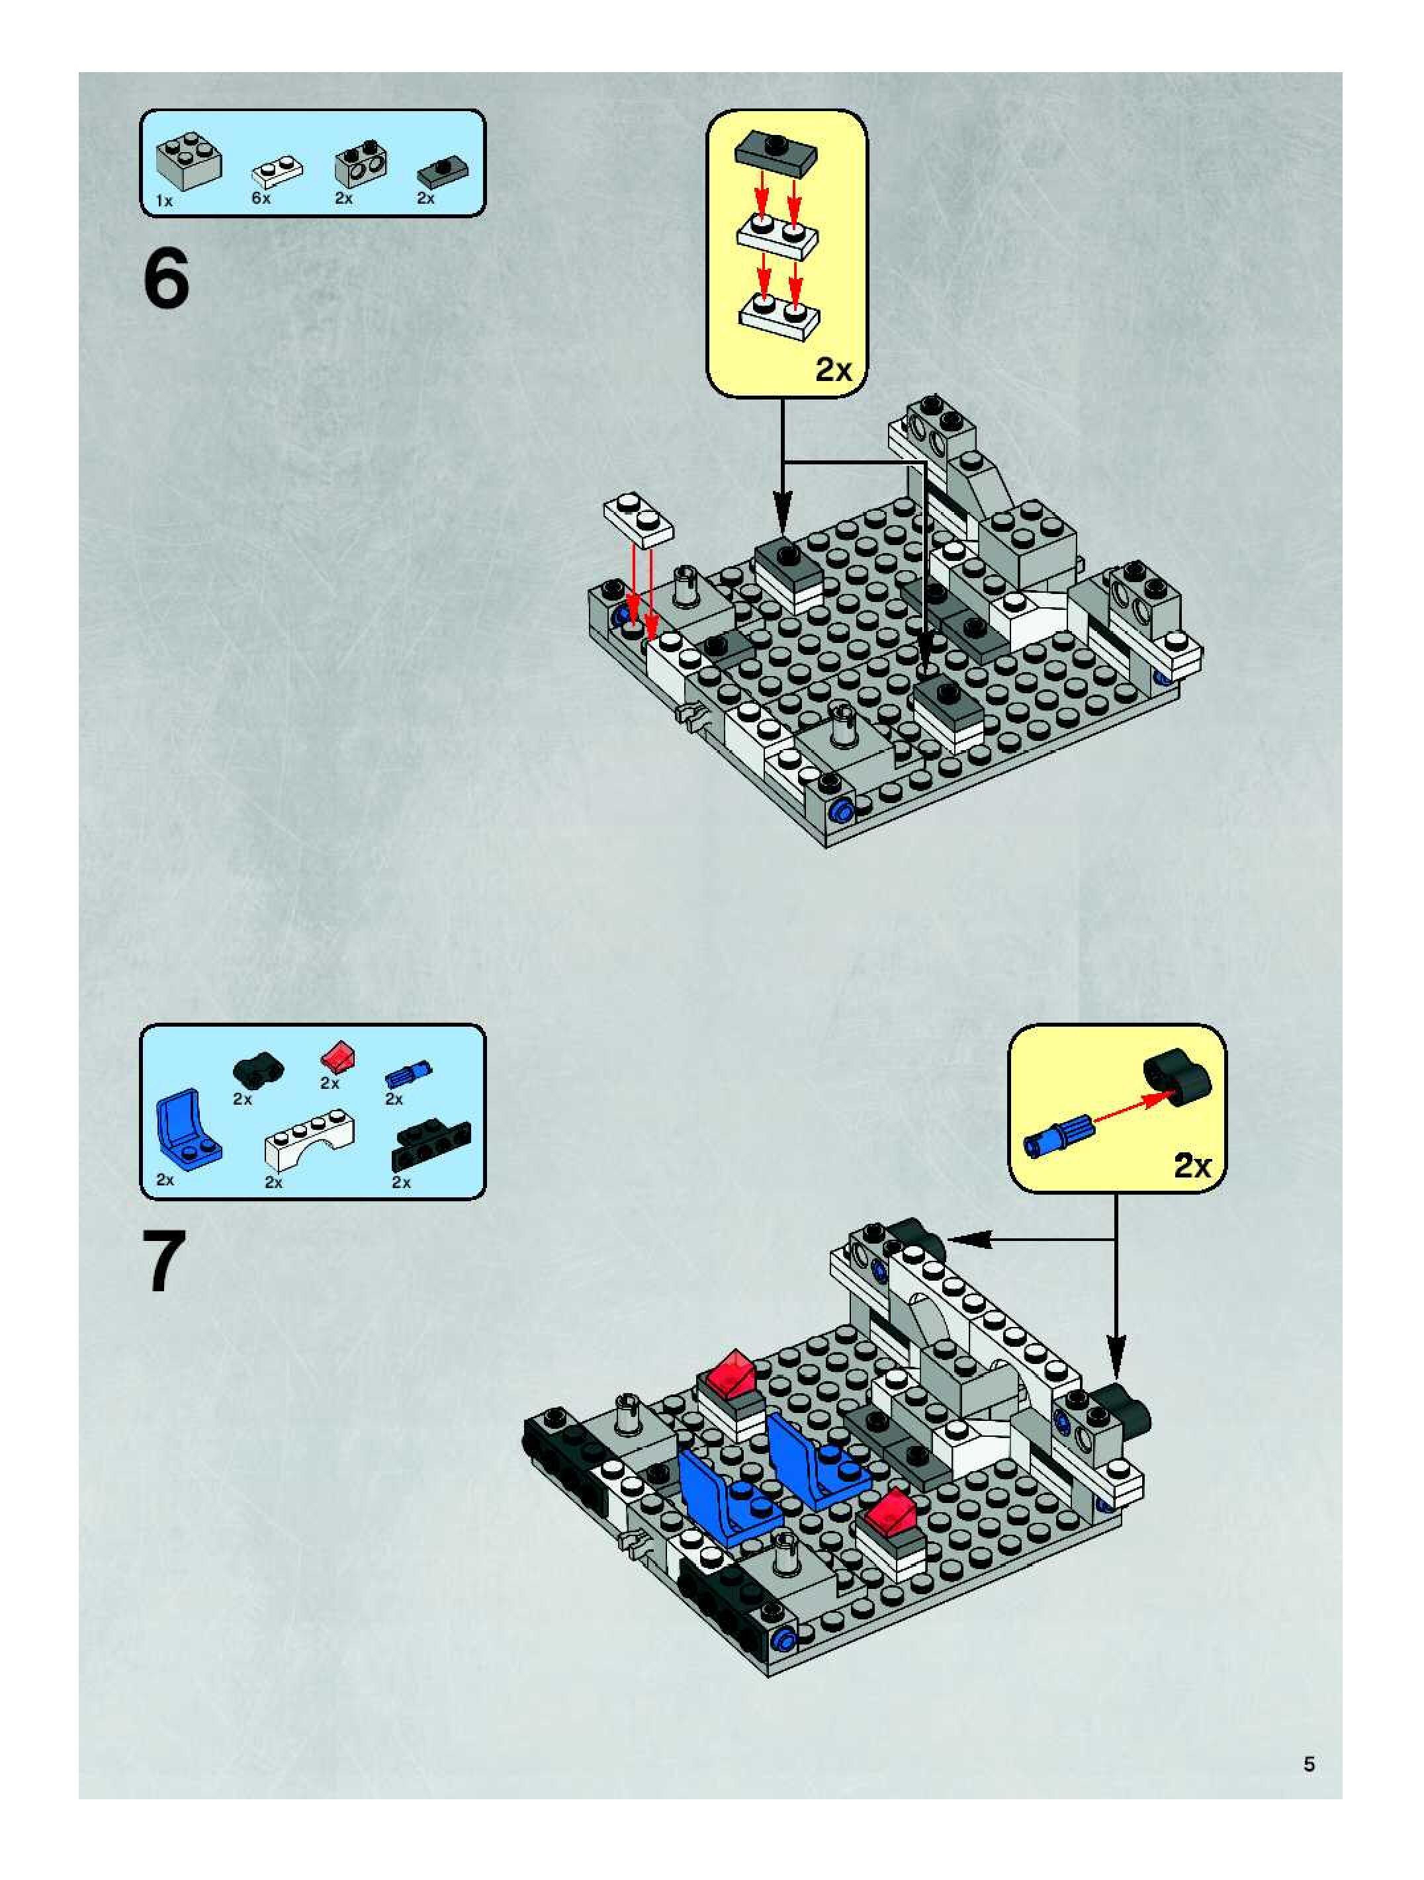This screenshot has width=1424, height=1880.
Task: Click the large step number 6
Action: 166,280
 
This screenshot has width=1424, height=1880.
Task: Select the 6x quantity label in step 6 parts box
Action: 261,198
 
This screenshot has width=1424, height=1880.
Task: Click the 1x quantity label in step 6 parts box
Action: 164,200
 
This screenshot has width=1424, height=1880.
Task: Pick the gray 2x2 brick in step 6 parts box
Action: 188,162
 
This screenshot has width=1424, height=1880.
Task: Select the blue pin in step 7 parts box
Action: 408,1074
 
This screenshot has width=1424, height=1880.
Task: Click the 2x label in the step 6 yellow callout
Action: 832,370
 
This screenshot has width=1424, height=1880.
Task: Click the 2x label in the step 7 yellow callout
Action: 1192,1166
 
